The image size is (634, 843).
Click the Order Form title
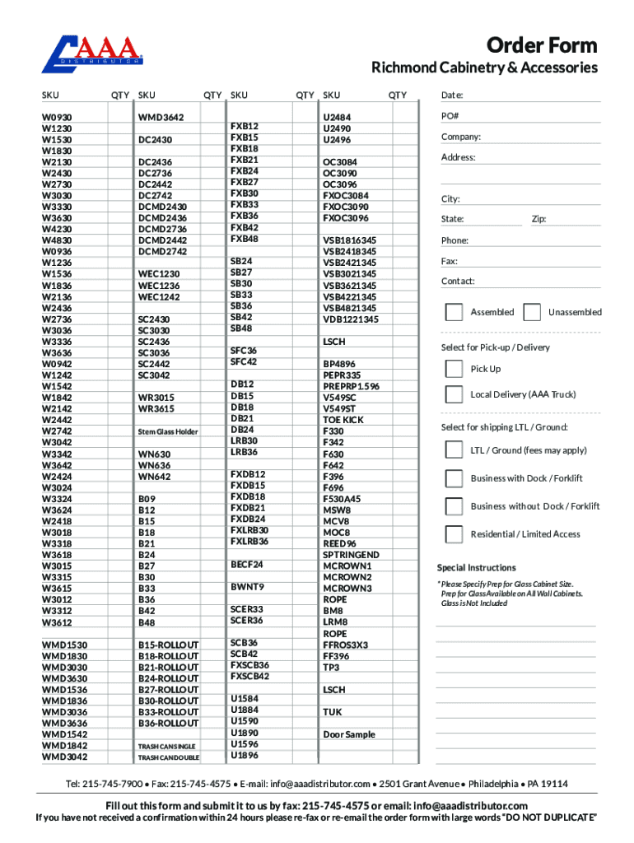click(x=542, y=44)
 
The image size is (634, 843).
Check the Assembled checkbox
click(x=454, y=312)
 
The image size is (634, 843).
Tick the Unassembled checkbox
click(x=532, y=312)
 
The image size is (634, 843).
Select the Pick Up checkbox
click(x=454, y=369)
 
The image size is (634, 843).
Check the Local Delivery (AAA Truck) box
click(x=454, y=394)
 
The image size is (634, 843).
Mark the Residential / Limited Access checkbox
click(x=454, y=534)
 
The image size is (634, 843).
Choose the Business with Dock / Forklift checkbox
click(x=454, y=478)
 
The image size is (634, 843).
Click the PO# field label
click(x=450, y=116)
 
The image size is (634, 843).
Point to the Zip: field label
click(x=538, y=219)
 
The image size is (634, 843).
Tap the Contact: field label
click(x=458, y=281)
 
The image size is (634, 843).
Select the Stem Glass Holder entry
click(x=168, y=431)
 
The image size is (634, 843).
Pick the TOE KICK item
click(x=343, y=420)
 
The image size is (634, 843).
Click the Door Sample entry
click(x=349, y=734)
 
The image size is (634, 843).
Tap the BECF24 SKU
click(x=247, y=565)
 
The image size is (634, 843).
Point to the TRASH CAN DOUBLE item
click(x=168, y=757)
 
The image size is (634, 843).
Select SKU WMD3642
click(x=161, y=118)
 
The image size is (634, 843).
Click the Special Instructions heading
click(x=477, y=568)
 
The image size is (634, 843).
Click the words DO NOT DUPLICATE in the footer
click(x=543, y=818)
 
